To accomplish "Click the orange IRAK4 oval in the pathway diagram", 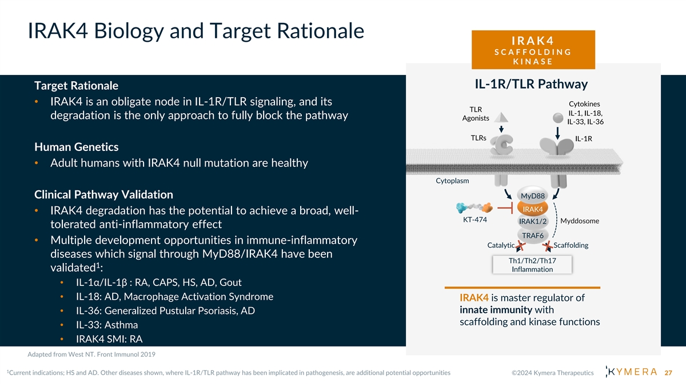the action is click(x=533, y=209).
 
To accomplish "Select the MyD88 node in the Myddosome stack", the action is click(x=533, y=196).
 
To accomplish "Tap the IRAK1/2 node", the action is click(x=533, y=221).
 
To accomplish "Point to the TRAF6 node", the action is click(x=533, y=235).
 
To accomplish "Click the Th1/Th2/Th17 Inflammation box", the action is click(x=532, y=265).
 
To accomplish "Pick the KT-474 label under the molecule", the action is click(x=474, y=220).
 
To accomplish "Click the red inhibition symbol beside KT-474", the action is click(x=505, y=208).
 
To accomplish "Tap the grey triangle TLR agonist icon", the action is click(x=501, y=117).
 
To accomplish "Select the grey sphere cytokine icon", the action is click(x=558, y=118).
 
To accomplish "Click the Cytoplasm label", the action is click(x=452, y=181).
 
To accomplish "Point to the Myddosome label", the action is click(x=580, y=221).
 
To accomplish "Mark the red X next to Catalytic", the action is click(x=520, y=246).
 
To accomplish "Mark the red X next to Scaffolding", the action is click(x=548, y=246).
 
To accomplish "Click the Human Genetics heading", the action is click(x=76, y=147).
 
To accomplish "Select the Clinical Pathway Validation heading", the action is click(x=103, y=194).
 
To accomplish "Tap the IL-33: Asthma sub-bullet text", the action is click(x=107, y=325).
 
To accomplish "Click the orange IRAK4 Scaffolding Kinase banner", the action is click(x=533, y=50).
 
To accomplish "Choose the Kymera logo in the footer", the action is click(x=632, y=372).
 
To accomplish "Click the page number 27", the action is click(x=668, y=373).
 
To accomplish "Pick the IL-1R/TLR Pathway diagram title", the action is click(x=531, y=84).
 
